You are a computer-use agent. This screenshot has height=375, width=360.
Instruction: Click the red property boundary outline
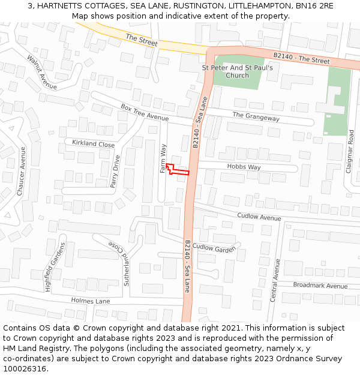pyautogui.click(x=178, y=171)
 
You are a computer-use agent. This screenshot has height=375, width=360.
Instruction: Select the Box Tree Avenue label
pyautogui.click(x=145, y=112)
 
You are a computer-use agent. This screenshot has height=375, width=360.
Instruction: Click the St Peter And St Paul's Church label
pyautogui.click(x=238, y=71)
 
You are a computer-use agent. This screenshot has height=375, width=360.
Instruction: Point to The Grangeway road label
pyautogui.click(x=256, y=117)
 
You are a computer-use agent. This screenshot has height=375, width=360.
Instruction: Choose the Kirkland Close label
pyautogui.click(x=93, y=144)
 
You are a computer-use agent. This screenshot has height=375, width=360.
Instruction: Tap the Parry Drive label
pyautogui.click(x=115, y=172)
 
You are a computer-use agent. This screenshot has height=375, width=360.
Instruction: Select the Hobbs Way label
pyautogui.click(x=244, y=167)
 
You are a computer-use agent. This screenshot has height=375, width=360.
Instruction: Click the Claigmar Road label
pyautogui.click(x=350, y=152)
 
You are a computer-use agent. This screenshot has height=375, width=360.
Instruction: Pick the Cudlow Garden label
pyautogui.click(x=214, y=248)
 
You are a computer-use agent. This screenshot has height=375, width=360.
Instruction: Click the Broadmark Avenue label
pyautogui.click(x=320, y=286)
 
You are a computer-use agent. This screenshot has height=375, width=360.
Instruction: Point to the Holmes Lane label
pyautogui.click(x=91, y=301)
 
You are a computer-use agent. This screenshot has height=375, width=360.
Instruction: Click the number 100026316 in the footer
pyautogui.click(x=24, y=368)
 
